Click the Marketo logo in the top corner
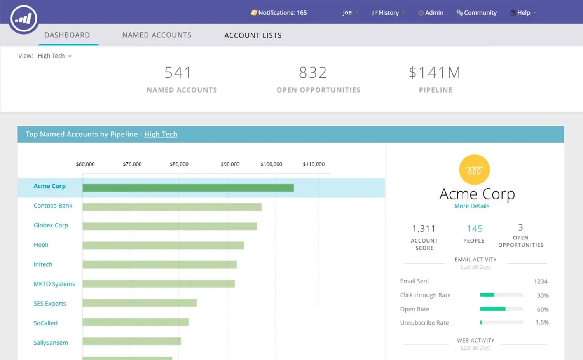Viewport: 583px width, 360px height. coord(24,19)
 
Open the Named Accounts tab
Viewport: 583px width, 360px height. coord(157,35)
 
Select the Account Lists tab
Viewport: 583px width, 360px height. coord(253,35)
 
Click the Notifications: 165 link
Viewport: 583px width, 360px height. coord(279,13)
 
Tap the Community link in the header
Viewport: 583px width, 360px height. coord(477,13)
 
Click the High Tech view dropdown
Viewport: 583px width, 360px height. coord(54,56)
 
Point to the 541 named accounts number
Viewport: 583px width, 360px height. coord(178,73)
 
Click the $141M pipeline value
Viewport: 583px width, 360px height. coord(435,73)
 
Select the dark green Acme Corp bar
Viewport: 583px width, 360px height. coord(188,188)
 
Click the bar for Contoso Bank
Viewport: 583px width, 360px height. coord(172,207)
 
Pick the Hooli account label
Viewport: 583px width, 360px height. coord(41,245)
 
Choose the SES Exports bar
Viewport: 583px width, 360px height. coord(140,303)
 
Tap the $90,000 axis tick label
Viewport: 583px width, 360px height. coord(230,164)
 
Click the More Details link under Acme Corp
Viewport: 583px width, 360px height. coord(471,206)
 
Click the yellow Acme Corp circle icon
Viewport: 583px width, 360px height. coord(474,170)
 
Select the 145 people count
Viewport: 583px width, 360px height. coord(475,229)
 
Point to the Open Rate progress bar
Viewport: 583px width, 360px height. coord(501,309)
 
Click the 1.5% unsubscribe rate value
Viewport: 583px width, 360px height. coord(542,322)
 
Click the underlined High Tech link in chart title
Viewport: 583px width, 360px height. coord(161,134)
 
